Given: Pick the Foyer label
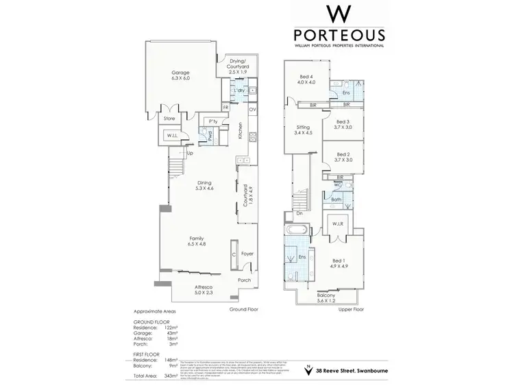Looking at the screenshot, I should tap(247, 254).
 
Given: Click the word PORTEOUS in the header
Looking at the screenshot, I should tap(339, 35).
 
